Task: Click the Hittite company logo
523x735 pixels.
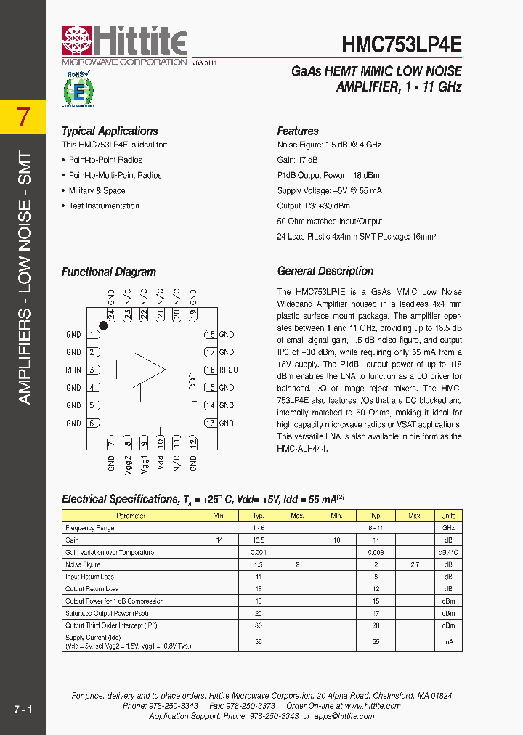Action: pyautogui.click(x=124, y=44)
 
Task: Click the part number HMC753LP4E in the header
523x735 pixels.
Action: pyautogui.click(x=401, y=44)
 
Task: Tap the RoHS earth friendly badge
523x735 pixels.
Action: pyautogui.click(x=77, y=89)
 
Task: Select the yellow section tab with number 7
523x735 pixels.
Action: pyautogui.click(x=23, y=117)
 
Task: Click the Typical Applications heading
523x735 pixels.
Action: pyautogui.click(x=110, y=131)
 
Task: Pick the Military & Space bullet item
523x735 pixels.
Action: pyautogui.click(x=97, y=191)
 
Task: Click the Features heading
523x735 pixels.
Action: pyautogui.click(x=298, y=131)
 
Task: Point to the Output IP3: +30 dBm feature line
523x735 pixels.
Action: pyautogui.click(x=313, y=206)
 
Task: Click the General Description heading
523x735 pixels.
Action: pyautogui.click(x=325, y=271)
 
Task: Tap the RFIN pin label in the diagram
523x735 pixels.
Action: pyautogui.click(x=73, y=370)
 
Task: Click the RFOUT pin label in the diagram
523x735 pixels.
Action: pyautogui.click(x=230, y=370)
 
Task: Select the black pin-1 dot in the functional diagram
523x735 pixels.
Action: pyautogui.click(x=103, y=326)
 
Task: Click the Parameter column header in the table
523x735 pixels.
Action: pyautogui.click(x=131, y=516)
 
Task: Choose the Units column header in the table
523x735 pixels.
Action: pyautogui.click(x=448, y=516)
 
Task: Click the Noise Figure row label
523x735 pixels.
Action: pyautogui.click(x=83, y=564)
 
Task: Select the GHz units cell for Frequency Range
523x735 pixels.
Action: pyautogui.click(x=448, y=528)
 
